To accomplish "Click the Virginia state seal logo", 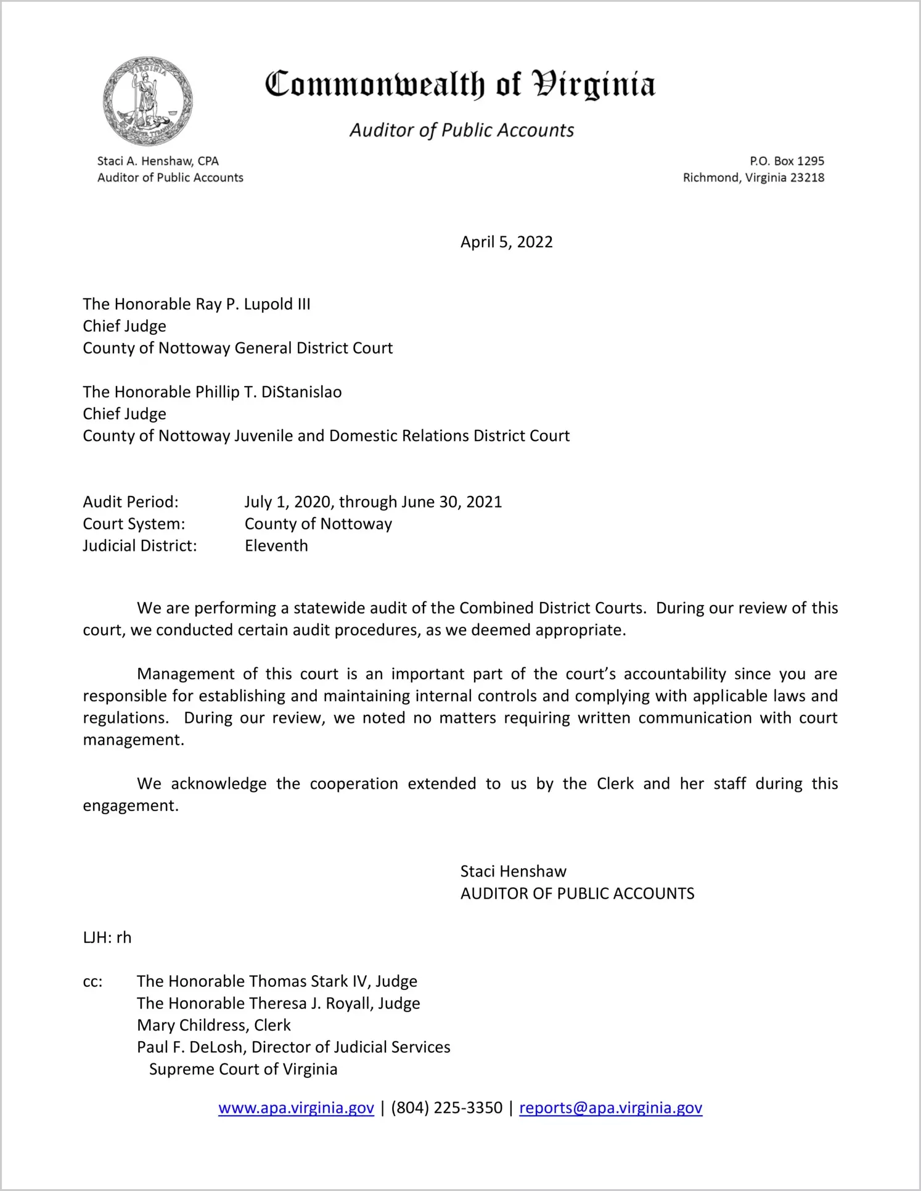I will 147,101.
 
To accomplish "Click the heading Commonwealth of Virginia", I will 460,84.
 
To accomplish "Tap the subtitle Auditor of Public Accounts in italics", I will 462,130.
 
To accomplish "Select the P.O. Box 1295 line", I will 787,161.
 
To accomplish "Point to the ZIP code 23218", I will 807,178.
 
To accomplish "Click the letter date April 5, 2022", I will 506,242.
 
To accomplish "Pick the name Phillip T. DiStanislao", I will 268,392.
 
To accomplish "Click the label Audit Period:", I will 131,502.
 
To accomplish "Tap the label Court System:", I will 134,524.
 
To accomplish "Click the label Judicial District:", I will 140,546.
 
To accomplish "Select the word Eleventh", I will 276,546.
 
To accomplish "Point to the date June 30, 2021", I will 451,502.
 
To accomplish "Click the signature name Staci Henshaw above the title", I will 513,872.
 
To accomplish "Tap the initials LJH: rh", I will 107,938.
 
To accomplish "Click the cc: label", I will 92,981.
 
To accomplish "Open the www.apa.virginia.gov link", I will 296,1108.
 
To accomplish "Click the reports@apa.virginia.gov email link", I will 610,1108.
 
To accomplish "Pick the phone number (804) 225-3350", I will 446,1108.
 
